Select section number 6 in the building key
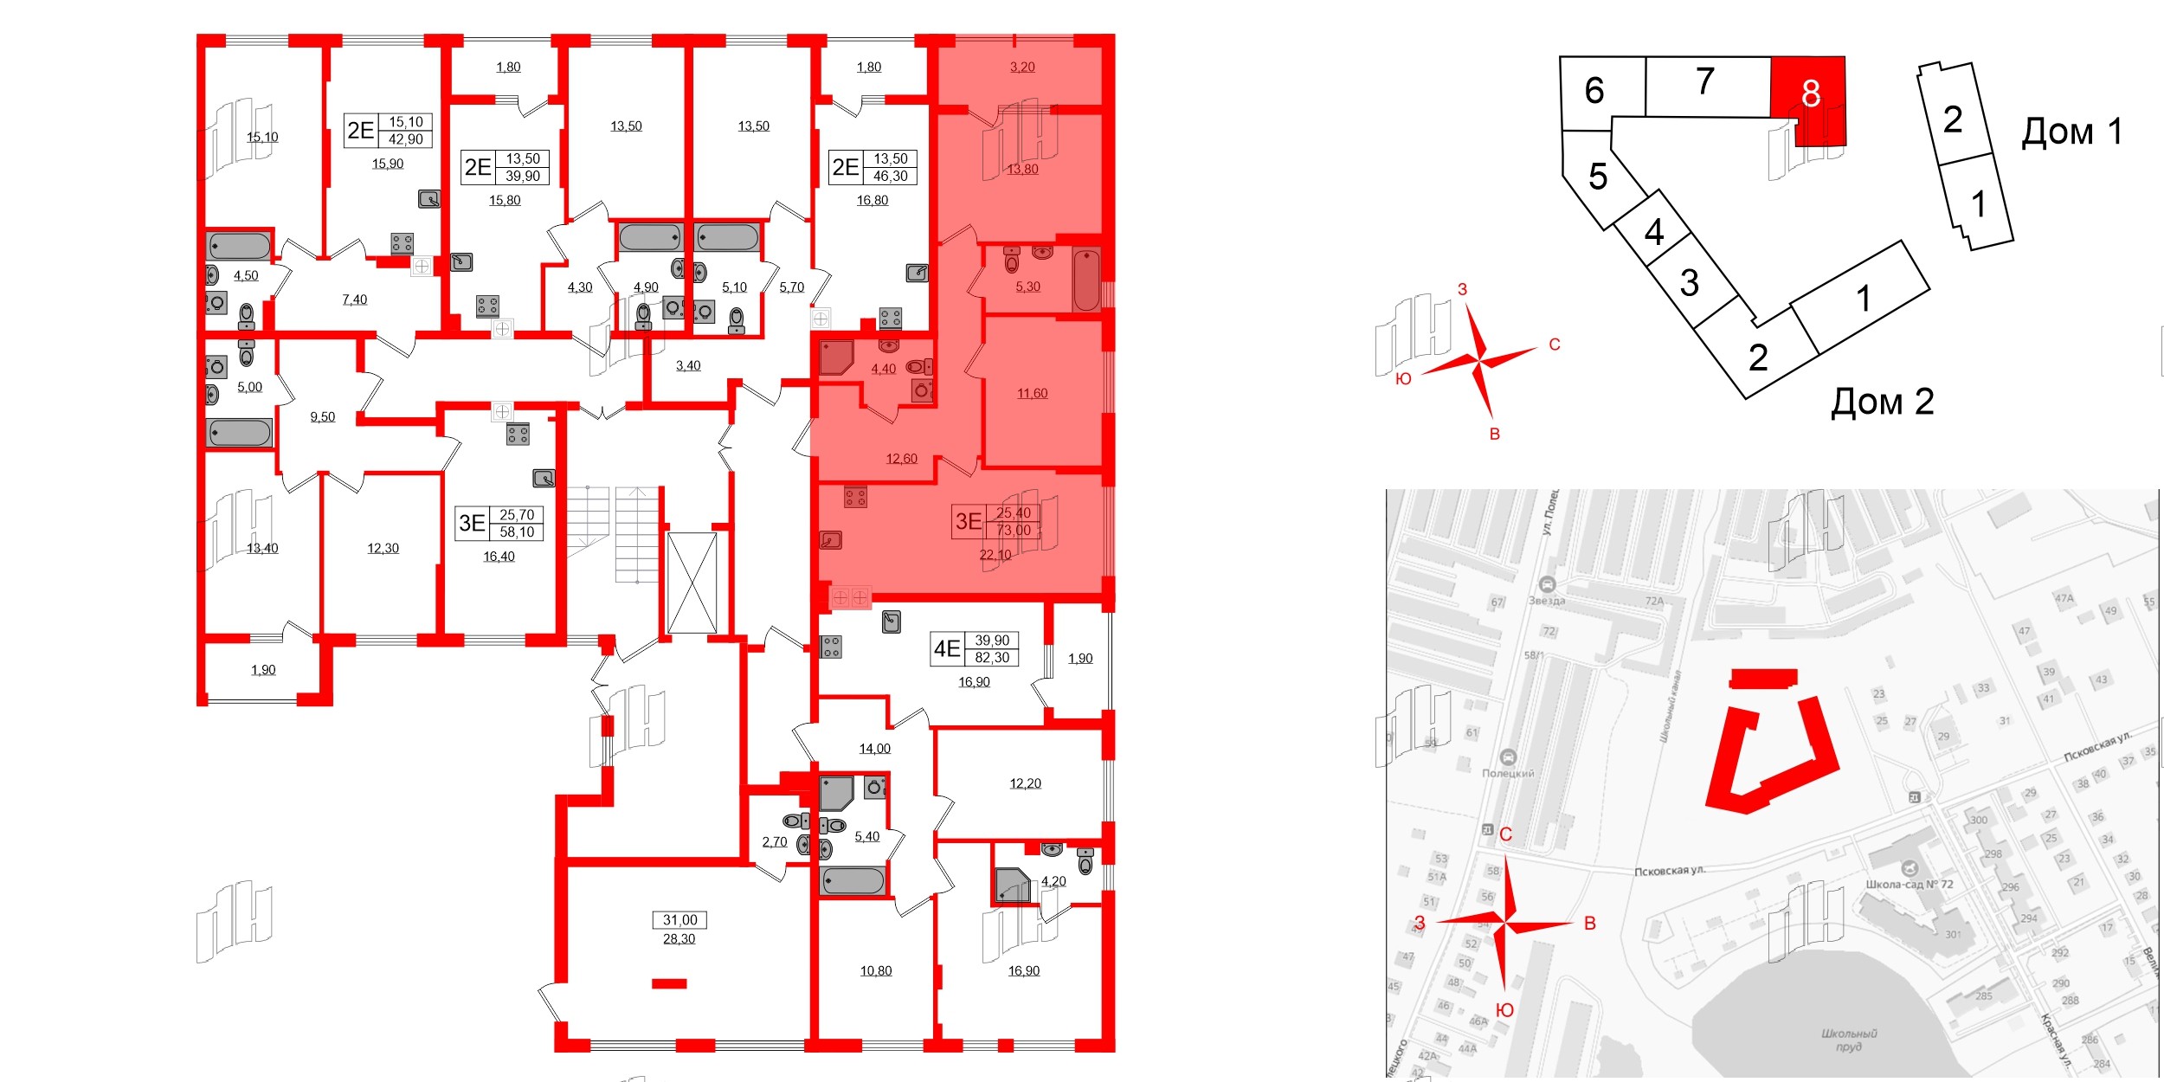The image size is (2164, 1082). tap(1594, 91)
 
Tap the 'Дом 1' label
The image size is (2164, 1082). tap(2071, 132)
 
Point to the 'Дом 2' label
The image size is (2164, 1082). tap(1882, 403)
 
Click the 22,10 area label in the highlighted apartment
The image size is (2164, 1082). tap(995, 555)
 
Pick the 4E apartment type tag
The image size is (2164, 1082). tap(946, 648)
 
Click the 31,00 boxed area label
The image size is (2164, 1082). tap(679, 920)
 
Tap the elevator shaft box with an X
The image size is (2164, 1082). tap(692, 583)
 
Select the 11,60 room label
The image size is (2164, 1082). tap(1032, 393)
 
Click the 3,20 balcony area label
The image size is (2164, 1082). tap(1022, 67)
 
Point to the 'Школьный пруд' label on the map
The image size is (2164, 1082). tap(1849, 1040)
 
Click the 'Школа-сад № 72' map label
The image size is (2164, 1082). tap(1910, 884)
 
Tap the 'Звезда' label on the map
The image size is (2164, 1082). tap(1547, 600)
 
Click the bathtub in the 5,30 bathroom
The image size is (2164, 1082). tap(1086, 279)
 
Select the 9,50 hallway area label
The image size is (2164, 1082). tap(322, 416)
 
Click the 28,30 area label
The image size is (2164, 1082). tap(679, 938)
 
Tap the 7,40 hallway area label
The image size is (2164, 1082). tap(354, 299)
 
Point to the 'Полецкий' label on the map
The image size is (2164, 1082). tap(1508, 773)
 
